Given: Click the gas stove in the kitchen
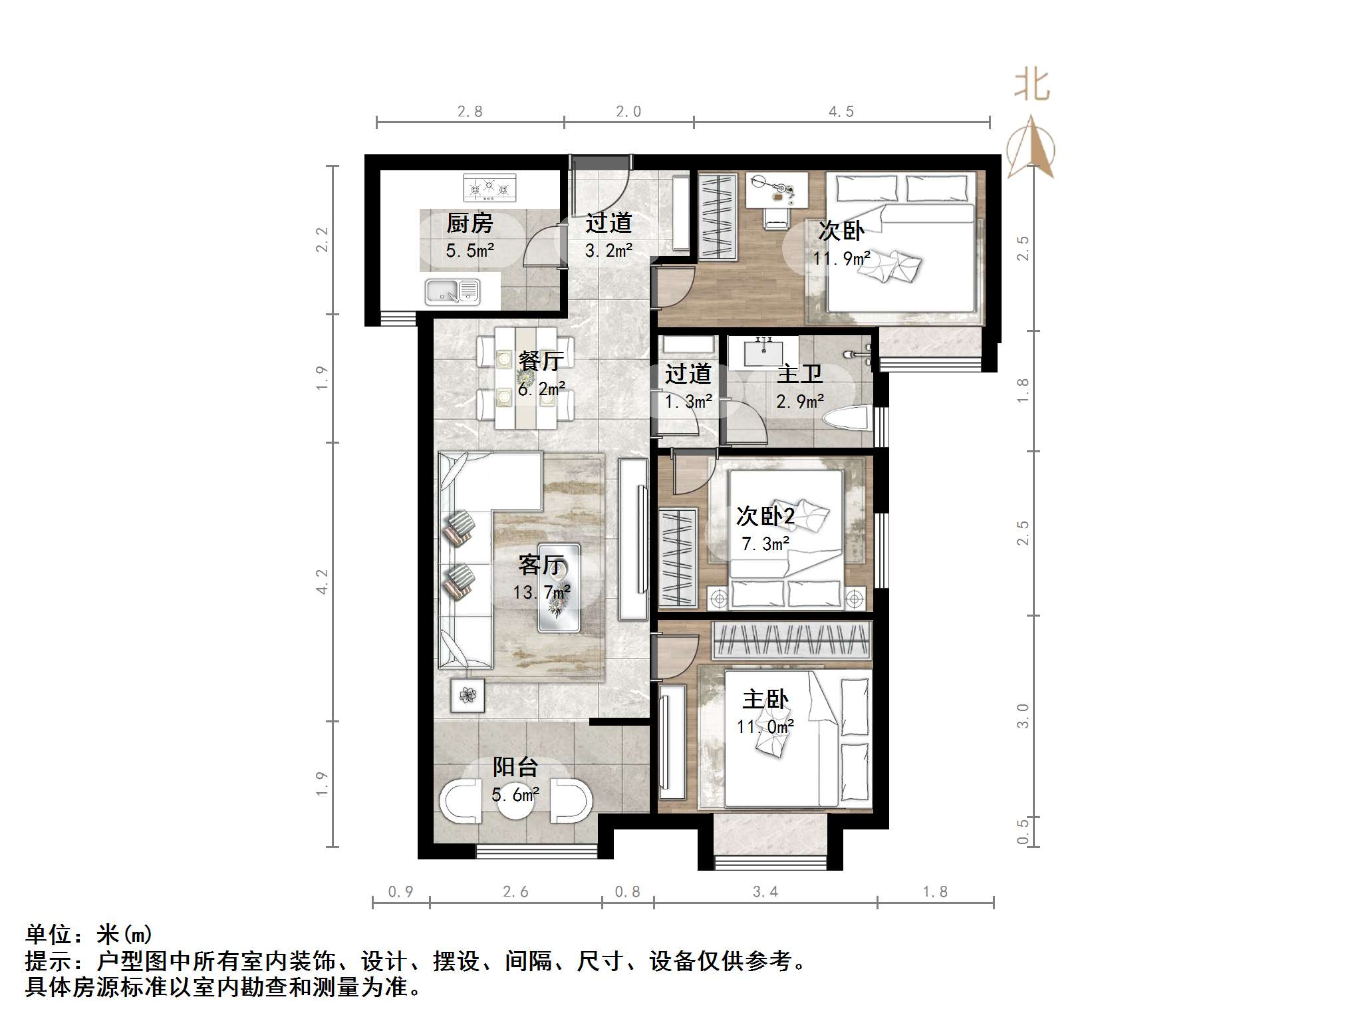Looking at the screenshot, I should point(489,188).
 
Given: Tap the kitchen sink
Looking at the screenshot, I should point(452,291).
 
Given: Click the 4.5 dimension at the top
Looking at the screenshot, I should point(841,112).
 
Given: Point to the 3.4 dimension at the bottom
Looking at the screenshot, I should point(765,891).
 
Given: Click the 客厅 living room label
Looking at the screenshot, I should point(542,565).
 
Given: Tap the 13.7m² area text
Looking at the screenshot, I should point(541,592).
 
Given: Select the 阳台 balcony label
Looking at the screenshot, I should point(515,767).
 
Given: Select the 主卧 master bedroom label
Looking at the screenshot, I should point(765,700).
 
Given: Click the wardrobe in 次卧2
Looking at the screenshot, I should point(678,557).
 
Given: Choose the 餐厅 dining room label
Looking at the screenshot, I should point(541,361).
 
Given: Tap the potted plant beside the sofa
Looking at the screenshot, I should point(468,696).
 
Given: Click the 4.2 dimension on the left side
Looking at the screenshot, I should point(322,581).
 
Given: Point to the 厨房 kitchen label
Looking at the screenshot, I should point(470,223).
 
